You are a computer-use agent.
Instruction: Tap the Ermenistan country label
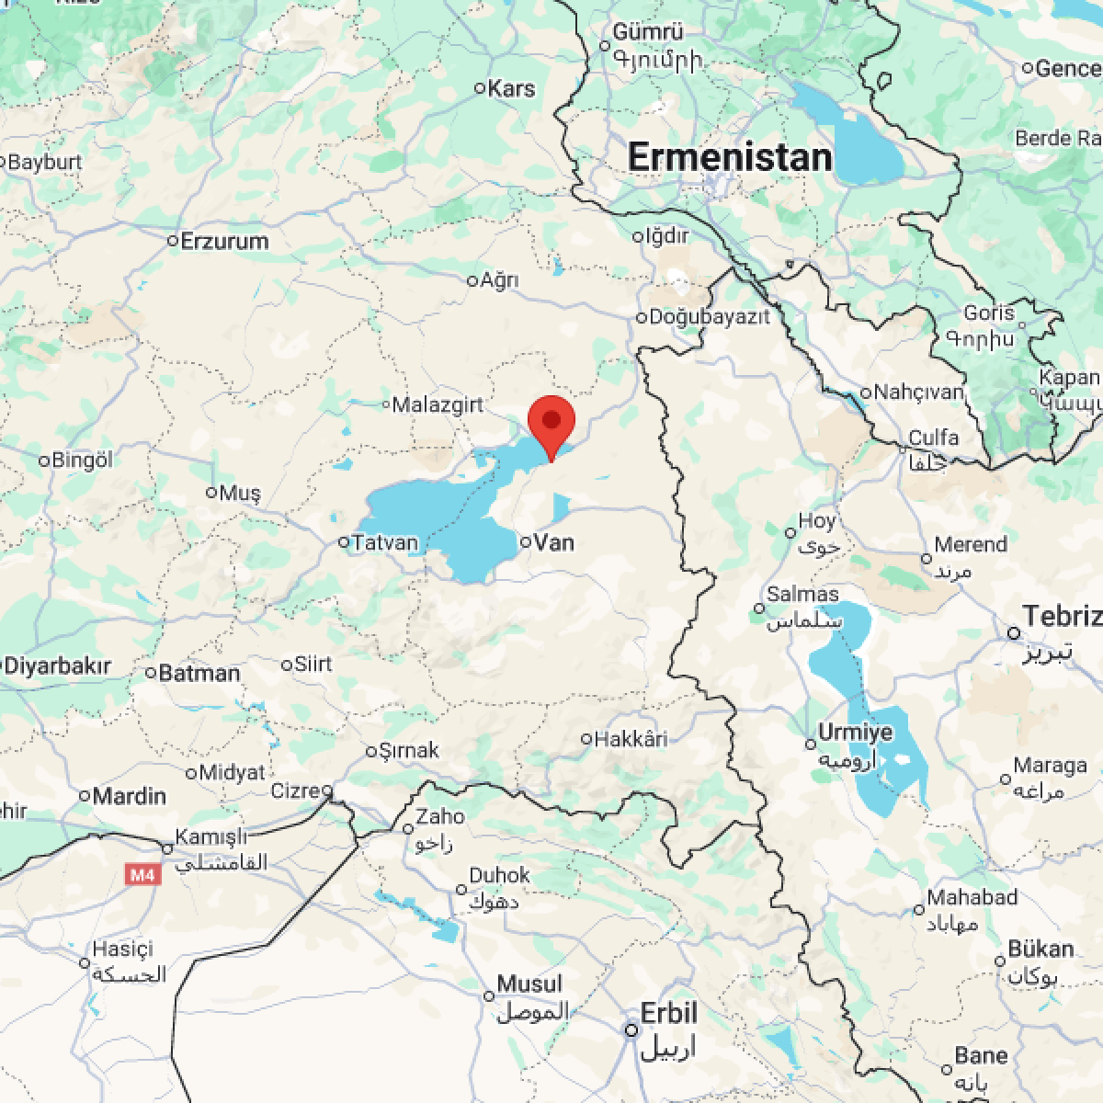tap(730, 157)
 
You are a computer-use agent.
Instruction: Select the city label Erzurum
tap(225, 242)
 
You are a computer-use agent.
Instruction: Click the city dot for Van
tap(526, 542)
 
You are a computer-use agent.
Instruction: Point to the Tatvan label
tap(386, 542)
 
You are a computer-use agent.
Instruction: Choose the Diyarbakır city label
tap(59, 666)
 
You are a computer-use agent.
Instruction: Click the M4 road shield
tap(142, 875)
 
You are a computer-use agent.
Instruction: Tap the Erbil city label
tap(669, 1015)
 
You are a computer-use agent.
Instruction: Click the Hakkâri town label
tap(631, 738)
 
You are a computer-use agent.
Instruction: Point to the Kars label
tap(511, 88)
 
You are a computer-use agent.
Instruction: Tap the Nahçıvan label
tap(919, 392)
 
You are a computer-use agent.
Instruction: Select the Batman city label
tap(199, 673)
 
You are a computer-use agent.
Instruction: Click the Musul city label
tap(529, 984)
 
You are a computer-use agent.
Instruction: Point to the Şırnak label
tap(410, 750)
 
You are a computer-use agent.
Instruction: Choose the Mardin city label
tap(130, 795)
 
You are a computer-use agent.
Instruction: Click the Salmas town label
tap(802, 595)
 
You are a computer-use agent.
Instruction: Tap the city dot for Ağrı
tap(473, 280)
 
